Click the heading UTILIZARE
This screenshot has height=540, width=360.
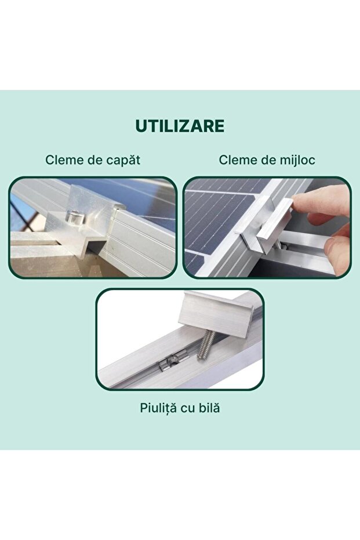[180, 126]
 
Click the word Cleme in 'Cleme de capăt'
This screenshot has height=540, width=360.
[63, 160]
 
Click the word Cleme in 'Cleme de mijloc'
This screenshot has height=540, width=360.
[237, 160]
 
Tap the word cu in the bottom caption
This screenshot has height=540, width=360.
[187, 408]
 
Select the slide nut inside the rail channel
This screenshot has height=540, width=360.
[168, 364]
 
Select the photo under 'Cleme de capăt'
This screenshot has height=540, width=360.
[92, 227]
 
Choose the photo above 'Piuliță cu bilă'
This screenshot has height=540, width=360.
[180, 339]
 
